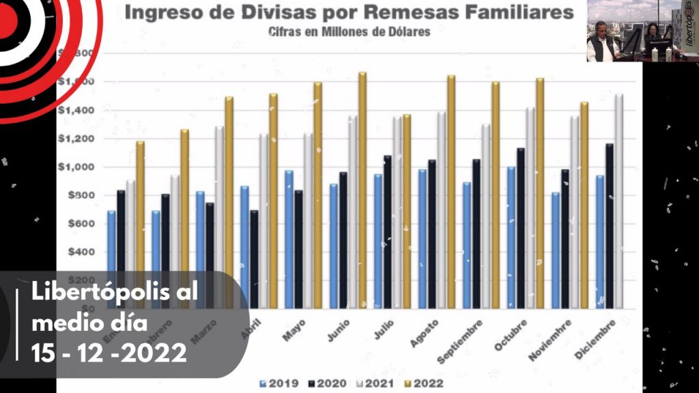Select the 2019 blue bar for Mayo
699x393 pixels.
click(x=289, y=239)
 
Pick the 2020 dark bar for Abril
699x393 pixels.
click(x=254, y=259)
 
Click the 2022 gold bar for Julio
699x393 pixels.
click(x=407, y=211)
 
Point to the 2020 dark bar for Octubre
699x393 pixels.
click(x=521, y=228)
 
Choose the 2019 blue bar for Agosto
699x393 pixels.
click(x=423, y=239)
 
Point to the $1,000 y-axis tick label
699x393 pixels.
click(x=76, y=167)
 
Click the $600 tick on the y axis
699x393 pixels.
click(x=81, y=224)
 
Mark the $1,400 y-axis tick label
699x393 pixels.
click(x=76, y=110)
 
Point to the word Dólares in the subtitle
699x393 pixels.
click(x=407, y=32)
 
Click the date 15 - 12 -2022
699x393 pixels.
click(x=109, y=353)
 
